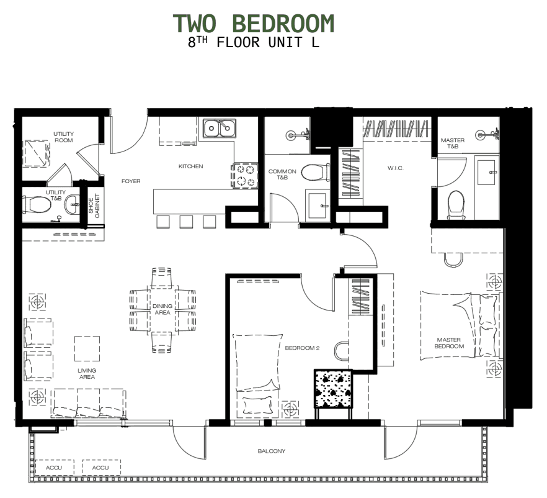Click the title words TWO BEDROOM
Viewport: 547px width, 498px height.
pyautogui.click(x=254, y=23)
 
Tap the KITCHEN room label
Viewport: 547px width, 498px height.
pyautogui.click(x=190, y=166)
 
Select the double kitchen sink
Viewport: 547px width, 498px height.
pyautogui.click(x=220, y=129)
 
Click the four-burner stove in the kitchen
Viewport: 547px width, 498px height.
pyautogui.click(x=245, y=175)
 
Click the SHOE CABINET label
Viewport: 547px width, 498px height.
pyautogui.click(x=94, y=203)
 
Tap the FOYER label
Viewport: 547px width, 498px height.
pyautogui.click(x=131, y=181)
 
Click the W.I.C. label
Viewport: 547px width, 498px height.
pyautogui.click(x=396, y=168)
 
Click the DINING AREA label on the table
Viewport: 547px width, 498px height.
pyautogui.click(x=162, y=309)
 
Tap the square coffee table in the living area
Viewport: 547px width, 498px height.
pyautogui.click(x=87, y=348)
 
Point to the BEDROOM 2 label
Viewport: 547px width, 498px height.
pyautogui.click(x=301, y=348)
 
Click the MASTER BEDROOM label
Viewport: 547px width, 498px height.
pyautogui.click(x=449, y=343)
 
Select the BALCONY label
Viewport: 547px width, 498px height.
pyautogui.click(x=272, y=451)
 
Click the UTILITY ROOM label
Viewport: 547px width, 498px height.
pyautogui.click(x=63, y=137)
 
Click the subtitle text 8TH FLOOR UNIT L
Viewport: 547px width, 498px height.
pyautogui.click(x=254, y=43)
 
